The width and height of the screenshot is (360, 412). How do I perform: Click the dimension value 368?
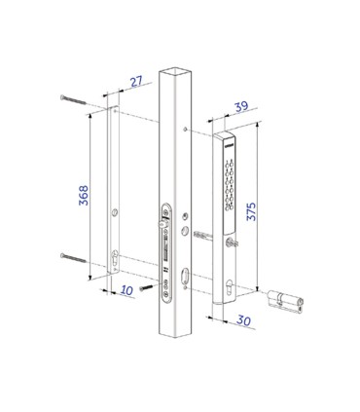[x=84, y=195]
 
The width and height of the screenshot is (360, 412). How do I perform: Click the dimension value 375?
[x=251, y=211]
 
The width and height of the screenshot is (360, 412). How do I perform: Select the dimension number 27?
[x=136, y=81]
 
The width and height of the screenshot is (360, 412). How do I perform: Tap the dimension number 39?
[x=241, y=106]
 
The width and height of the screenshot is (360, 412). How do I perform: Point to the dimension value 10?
[x=126, y=290]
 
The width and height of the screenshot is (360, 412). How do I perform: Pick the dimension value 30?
[x=243, y=320]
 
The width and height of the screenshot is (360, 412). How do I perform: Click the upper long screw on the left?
[x=73, y=99]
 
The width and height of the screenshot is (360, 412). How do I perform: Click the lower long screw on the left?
[x=73, y=258]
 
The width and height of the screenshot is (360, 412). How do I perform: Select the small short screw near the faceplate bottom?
[x=146, y=287]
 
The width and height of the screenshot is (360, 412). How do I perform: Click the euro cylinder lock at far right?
[x=285, y=301]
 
